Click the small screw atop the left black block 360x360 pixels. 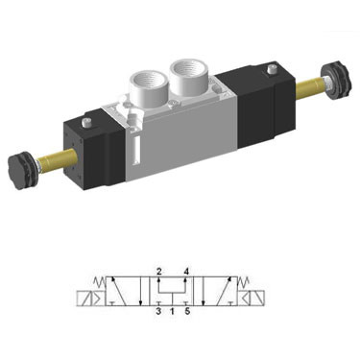85,122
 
